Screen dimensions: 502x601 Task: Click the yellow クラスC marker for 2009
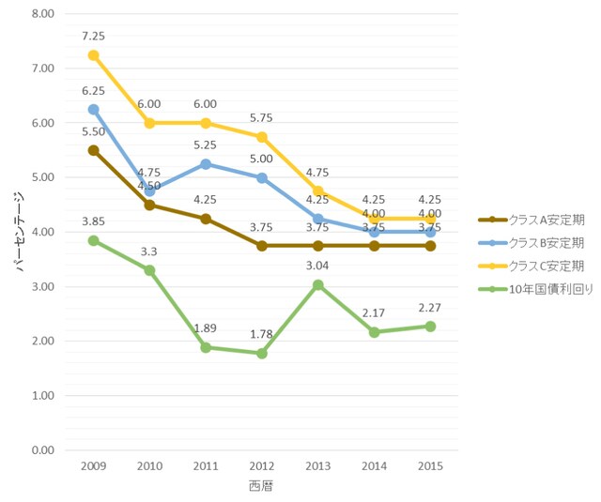(x=93, y=55)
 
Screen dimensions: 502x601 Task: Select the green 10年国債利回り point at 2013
(x=318, y=284)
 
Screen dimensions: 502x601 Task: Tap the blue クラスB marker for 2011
(x=206, y=164)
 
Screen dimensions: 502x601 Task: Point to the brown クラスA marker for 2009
(x=93, y=150)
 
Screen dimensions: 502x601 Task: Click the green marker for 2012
(x=262, y=353)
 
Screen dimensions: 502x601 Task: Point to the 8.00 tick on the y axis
(x=42, y=14)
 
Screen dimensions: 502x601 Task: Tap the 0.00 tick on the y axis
(x=42, y=450)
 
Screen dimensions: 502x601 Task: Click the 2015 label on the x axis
(x=430, y=466)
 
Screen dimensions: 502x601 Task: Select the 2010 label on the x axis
(x=149, y=466)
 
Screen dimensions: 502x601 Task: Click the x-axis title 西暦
(x=261, y=486)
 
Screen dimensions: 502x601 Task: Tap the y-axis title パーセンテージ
(x=20, y=232)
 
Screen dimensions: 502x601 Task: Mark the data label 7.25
(x=93, y=35)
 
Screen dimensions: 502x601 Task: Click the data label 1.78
(x=262, y=333)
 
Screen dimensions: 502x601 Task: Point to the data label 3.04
(x=318, y=265)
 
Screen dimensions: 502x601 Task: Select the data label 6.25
(x=93, y=90)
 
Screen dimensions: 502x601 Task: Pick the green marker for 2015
(x=430, y=327)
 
